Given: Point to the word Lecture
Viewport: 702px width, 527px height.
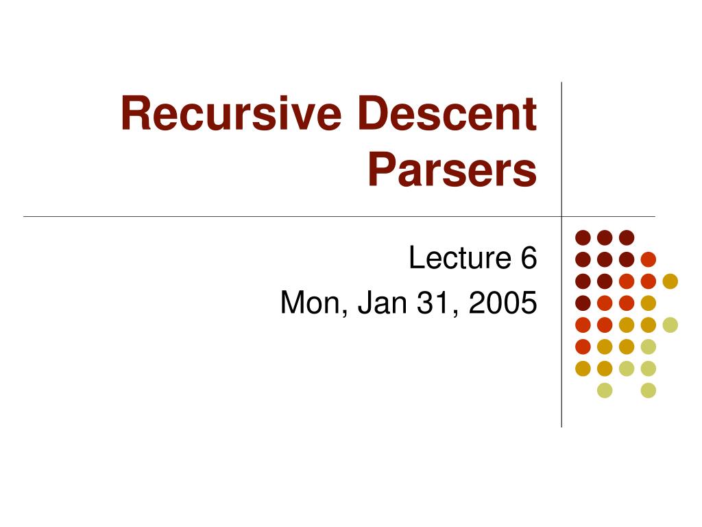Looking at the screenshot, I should pos(457,259).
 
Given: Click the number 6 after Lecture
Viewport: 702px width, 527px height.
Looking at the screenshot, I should pos(528,259).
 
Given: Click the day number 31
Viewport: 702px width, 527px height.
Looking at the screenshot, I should pos(427,303).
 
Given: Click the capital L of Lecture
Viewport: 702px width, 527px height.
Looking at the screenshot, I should pos(415,259).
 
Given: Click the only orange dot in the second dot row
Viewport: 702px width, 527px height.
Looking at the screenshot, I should pos(649,259).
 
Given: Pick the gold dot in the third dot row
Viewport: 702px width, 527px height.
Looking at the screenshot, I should pos(670,281).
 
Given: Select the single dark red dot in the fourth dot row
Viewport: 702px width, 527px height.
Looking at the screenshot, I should pos(583,303).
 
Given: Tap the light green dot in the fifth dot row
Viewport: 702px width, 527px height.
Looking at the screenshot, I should pos(670,325).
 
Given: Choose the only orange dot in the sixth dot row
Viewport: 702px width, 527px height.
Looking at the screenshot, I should pos(583,347).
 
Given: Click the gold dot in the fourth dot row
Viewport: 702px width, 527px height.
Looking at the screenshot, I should pos(649,303).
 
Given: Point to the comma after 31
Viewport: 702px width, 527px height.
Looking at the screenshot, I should pos(447,312).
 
